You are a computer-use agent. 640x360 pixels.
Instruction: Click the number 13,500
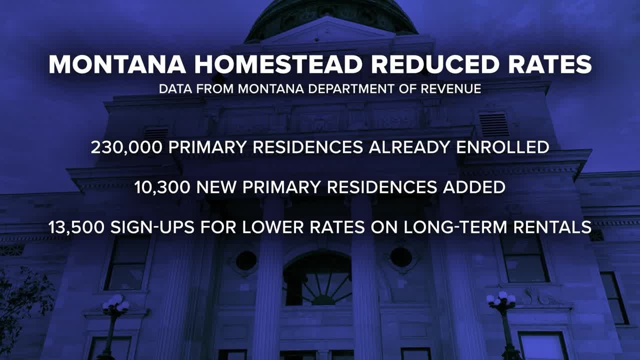76,227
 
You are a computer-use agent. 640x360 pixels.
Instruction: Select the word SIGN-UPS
152,227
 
